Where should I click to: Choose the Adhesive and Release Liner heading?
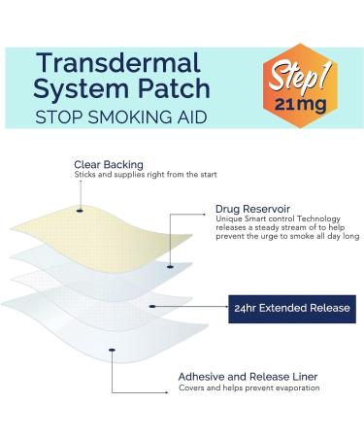[248, 376]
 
